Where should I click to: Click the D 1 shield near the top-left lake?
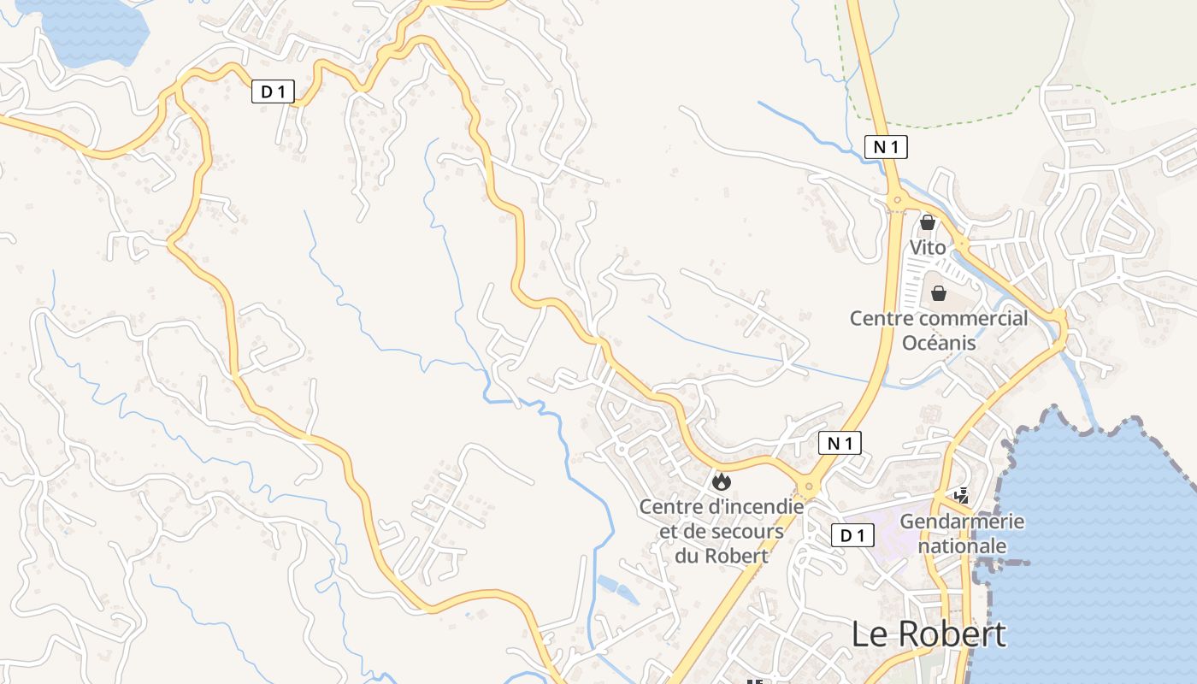[x=273, y=91]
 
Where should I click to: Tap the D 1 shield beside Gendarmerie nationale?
[x=852, y=536]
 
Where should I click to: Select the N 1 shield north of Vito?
[x=885, y=147]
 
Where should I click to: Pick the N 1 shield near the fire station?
[x=840, y=443]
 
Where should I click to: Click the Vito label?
[x=928, y=248]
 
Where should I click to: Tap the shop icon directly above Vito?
[x=928, y=222]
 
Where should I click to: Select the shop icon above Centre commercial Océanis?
[x=939, y=293]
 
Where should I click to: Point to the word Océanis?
[x=939, y=342]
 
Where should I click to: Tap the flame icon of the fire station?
[x=722, y=482]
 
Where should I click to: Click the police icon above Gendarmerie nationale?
[x=962, y=495]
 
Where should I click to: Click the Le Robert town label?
[x=929, y=634]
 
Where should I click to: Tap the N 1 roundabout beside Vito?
[x=896, y=202]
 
